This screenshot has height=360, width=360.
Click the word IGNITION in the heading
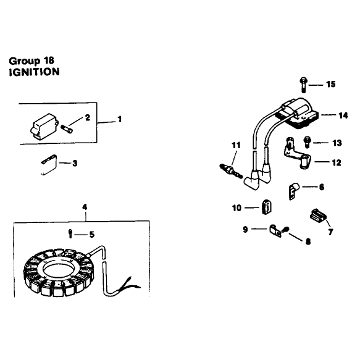[x=34, y=72]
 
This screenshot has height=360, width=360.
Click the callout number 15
[x=331, y=84]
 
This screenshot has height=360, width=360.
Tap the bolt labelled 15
[x=304, y=85]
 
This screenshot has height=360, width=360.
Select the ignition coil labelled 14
[x=298, y=114]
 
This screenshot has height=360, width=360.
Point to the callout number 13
[x=337, y=143]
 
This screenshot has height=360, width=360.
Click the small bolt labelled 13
[x=307, y=142]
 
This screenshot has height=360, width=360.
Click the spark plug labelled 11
[x=231, y=171]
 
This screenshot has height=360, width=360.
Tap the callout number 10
[x=237, y=208]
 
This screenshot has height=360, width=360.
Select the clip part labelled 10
[x=266, y=207]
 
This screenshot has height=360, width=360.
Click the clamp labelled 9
[x=275, y=231]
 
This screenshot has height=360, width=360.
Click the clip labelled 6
[x=293, y=191]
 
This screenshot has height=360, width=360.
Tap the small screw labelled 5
[x=70, y=233]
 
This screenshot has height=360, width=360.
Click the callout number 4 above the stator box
[x=85, y=207]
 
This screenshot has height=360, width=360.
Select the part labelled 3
[x=49, y=164]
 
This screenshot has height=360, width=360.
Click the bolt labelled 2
[x=67, y=128]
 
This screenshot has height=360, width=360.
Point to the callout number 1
[x=119, y=119]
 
